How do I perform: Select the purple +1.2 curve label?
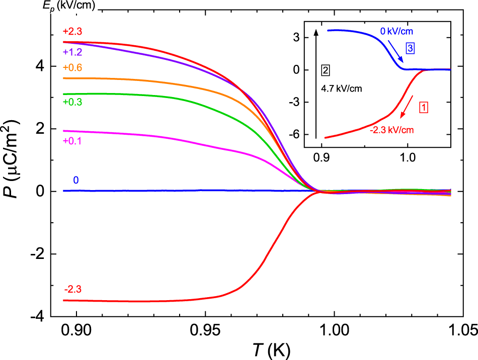(x=69, y=51)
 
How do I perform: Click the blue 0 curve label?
(x=75, y=180)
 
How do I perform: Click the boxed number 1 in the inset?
(x=424, y=107)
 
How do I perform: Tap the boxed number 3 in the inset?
(x=411, y=49)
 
